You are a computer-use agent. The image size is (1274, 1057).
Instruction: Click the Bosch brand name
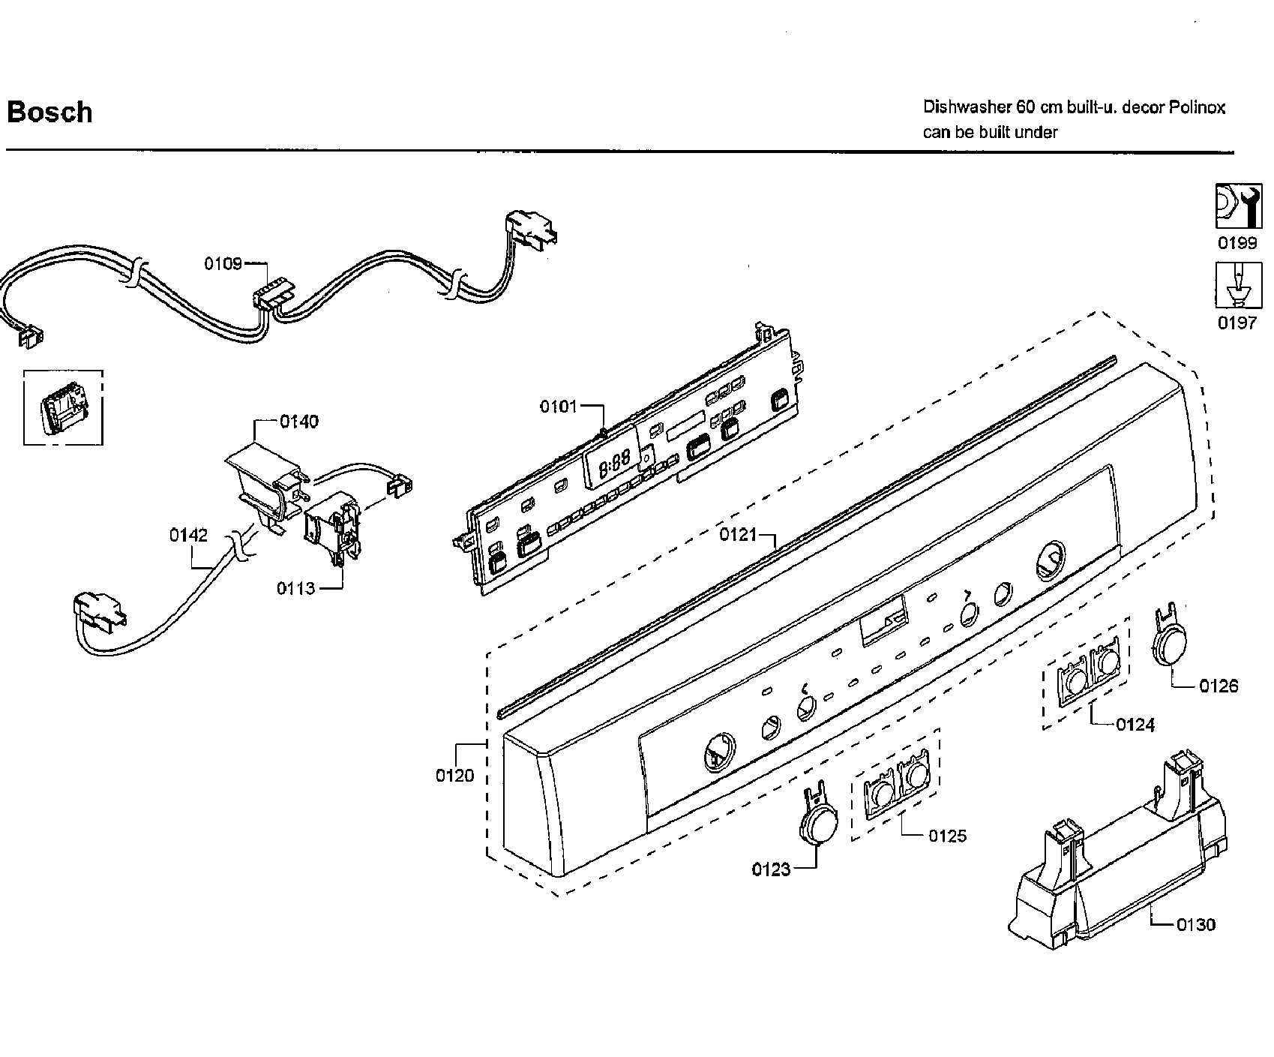49,113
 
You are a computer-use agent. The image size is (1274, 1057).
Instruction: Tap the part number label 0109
223,263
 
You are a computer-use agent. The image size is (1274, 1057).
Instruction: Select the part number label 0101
559,407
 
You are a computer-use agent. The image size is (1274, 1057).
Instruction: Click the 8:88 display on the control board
613,461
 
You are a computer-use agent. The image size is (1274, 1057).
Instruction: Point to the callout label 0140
298,422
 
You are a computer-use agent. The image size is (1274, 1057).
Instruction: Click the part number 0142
188,535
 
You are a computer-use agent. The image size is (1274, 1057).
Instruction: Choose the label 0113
296,588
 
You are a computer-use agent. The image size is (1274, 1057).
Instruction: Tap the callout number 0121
739,534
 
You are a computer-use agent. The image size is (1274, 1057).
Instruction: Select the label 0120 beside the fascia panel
455,775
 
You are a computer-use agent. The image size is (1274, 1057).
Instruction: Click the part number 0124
1135,725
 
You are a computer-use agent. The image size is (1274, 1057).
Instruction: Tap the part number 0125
948,836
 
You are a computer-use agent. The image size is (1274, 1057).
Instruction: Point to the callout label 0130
1195,924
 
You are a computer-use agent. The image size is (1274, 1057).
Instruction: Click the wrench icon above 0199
1238,206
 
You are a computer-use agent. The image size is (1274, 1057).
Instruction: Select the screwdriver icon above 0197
1238,285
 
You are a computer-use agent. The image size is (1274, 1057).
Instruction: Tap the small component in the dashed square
62,410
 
